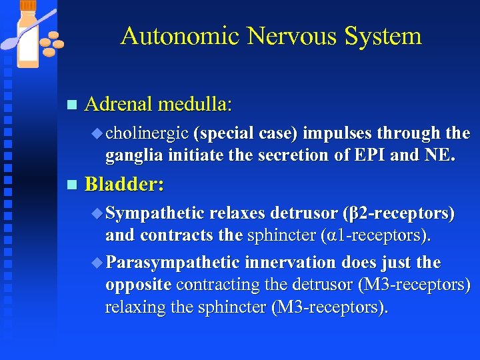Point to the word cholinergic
pyautogui.click(x=147, y=133)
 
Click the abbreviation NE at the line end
pyautogui.click(x=441, y=155)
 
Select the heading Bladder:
pyautogui.click(x=125, y=185)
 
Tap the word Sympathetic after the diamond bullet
pyautogui.click(x=155, y=213)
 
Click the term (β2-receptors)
pyautogui.click(x=399, y=213)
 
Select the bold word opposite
pyautogui.click(x=139, y=285)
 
